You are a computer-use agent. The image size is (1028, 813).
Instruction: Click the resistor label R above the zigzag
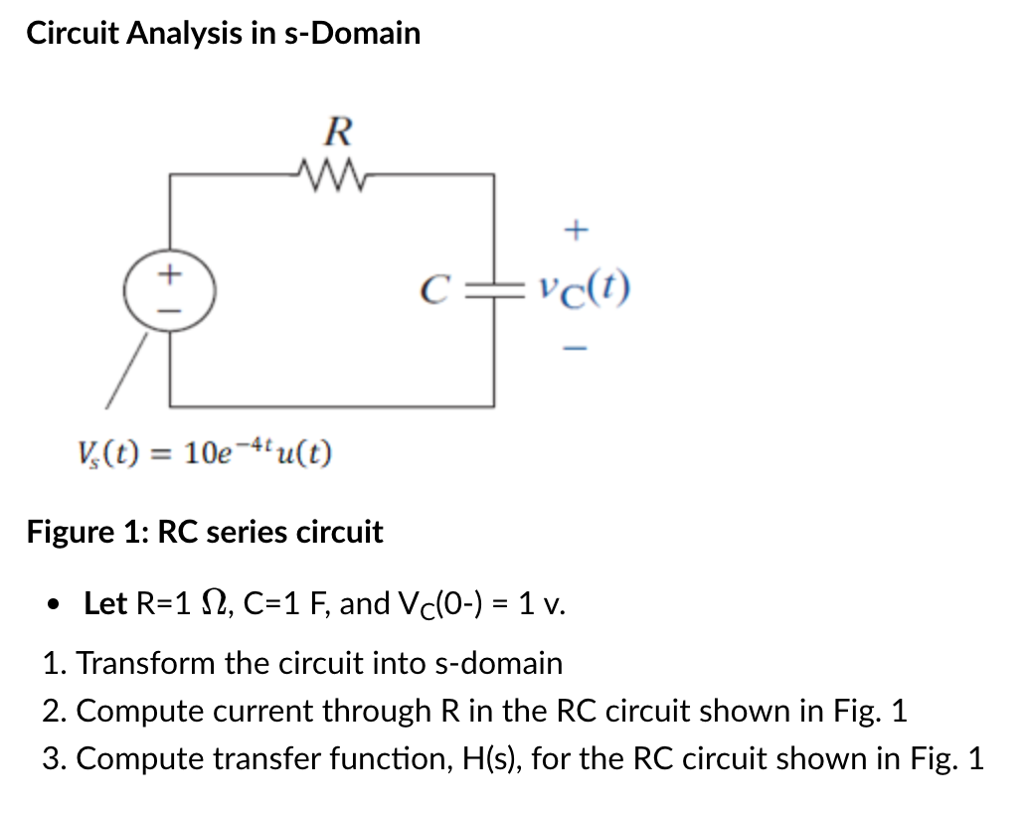339,130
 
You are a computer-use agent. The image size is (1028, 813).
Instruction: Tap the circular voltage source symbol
171,289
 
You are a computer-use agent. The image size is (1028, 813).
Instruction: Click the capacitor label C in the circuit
431,290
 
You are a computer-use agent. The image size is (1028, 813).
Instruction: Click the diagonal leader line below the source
127,370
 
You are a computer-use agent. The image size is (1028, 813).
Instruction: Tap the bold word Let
105,603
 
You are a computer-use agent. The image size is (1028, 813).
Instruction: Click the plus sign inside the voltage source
171,271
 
